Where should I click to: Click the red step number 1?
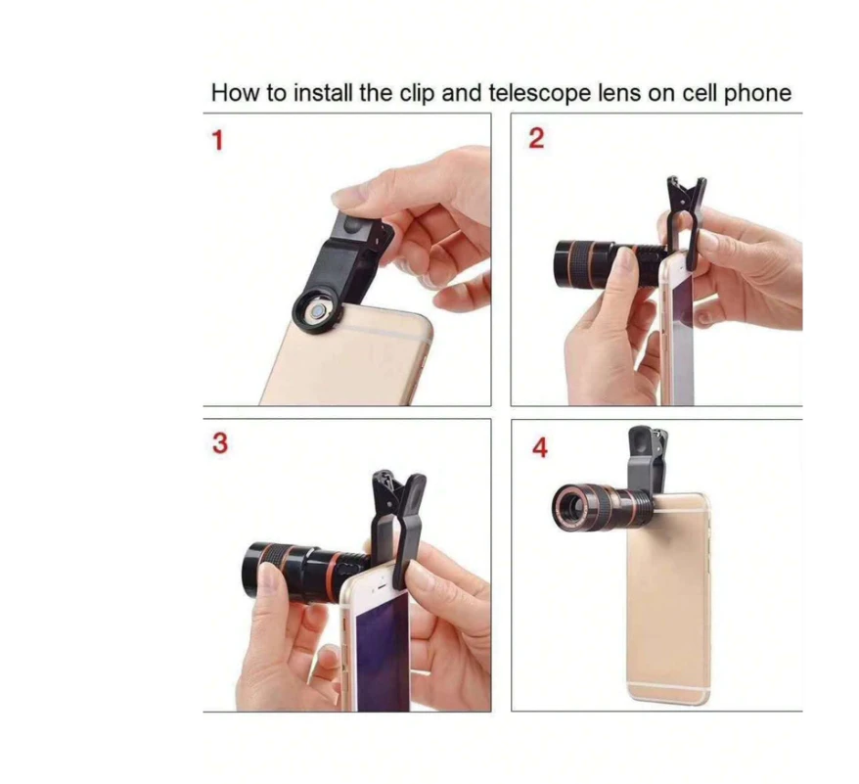click(x=218, y=140)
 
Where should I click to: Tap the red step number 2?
click(x=536, y=138)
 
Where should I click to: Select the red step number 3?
click(x=220, y=443)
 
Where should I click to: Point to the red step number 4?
click(x=540, y=447)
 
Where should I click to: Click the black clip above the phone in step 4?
click(x=647, y=458)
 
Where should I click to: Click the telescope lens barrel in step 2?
click(x=609, y=264)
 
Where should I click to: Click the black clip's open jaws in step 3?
click(x=398, y=486)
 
